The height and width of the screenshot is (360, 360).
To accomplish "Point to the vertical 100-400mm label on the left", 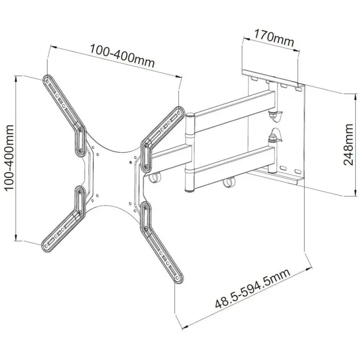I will (9, 159).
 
